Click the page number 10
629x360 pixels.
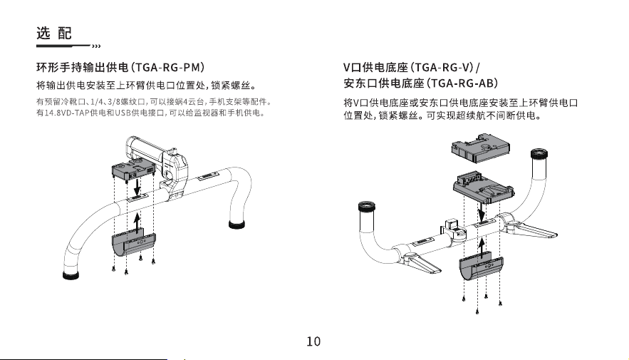(x=313, y=341)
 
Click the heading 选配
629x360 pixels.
(x=54, y=33)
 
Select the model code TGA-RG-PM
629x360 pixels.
(x=168, y=67)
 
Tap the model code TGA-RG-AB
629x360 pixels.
(x=463, y=83)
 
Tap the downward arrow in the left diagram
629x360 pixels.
(x=137, y=186)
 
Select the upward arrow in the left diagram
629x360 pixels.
(x=137, y=222)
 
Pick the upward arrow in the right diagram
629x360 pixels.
(x=482, y=247)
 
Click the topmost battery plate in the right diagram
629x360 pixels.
(x=481, y=148)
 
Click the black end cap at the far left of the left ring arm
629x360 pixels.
(x=71, y=275)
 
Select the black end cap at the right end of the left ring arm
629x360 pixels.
(x=236, y=224)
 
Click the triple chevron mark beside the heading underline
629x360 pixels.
(x=96, y=46)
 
